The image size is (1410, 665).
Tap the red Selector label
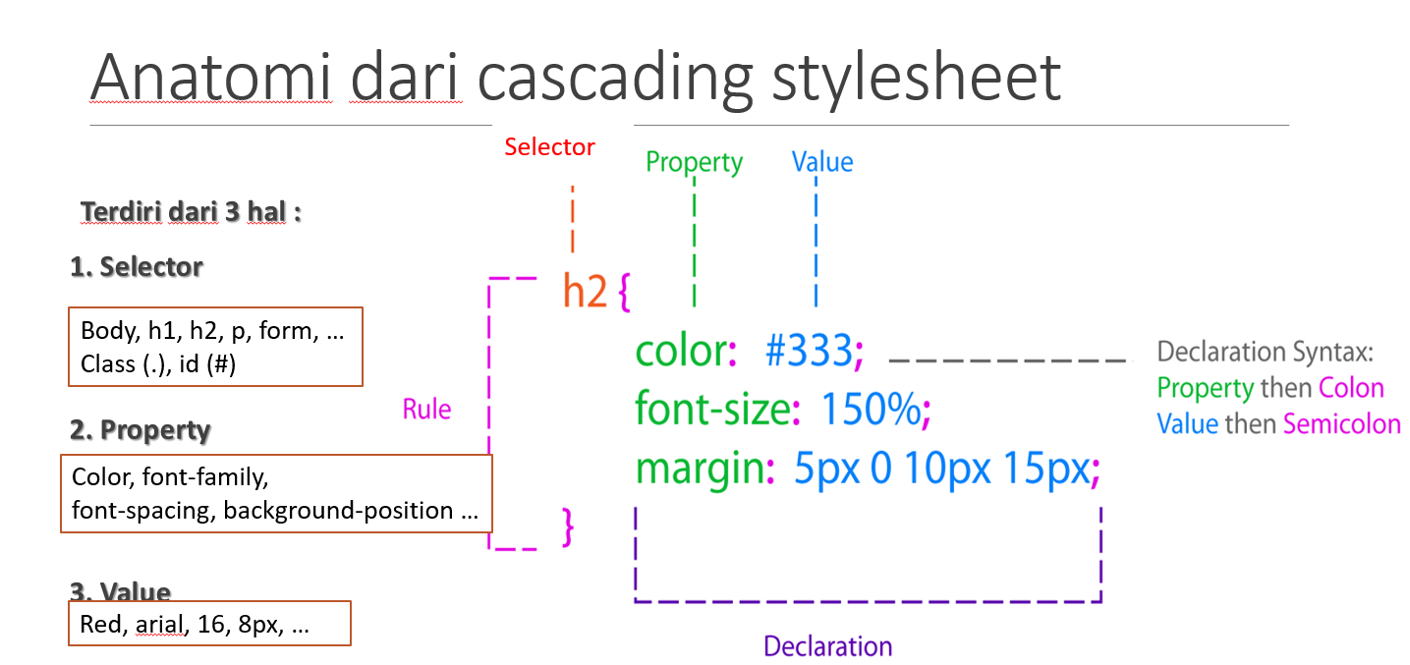click(549, 147)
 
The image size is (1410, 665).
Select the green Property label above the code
click(694, 162)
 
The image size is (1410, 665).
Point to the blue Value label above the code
click(822, 162)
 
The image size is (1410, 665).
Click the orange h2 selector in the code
click(585, 293)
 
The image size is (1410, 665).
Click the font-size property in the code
click(712, 410)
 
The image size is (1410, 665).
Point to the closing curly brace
click(567, 528)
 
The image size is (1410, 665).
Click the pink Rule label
click(427, 410)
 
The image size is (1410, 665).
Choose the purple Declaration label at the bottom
click(827, 646)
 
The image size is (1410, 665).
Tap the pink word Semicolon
click(1341, 423)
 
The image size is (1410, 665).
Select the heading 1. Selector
click(137, 267)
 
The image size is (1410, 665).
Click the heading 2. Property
click(141, 430)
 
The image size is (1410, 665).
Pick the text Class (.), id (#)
click(159, 364)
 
